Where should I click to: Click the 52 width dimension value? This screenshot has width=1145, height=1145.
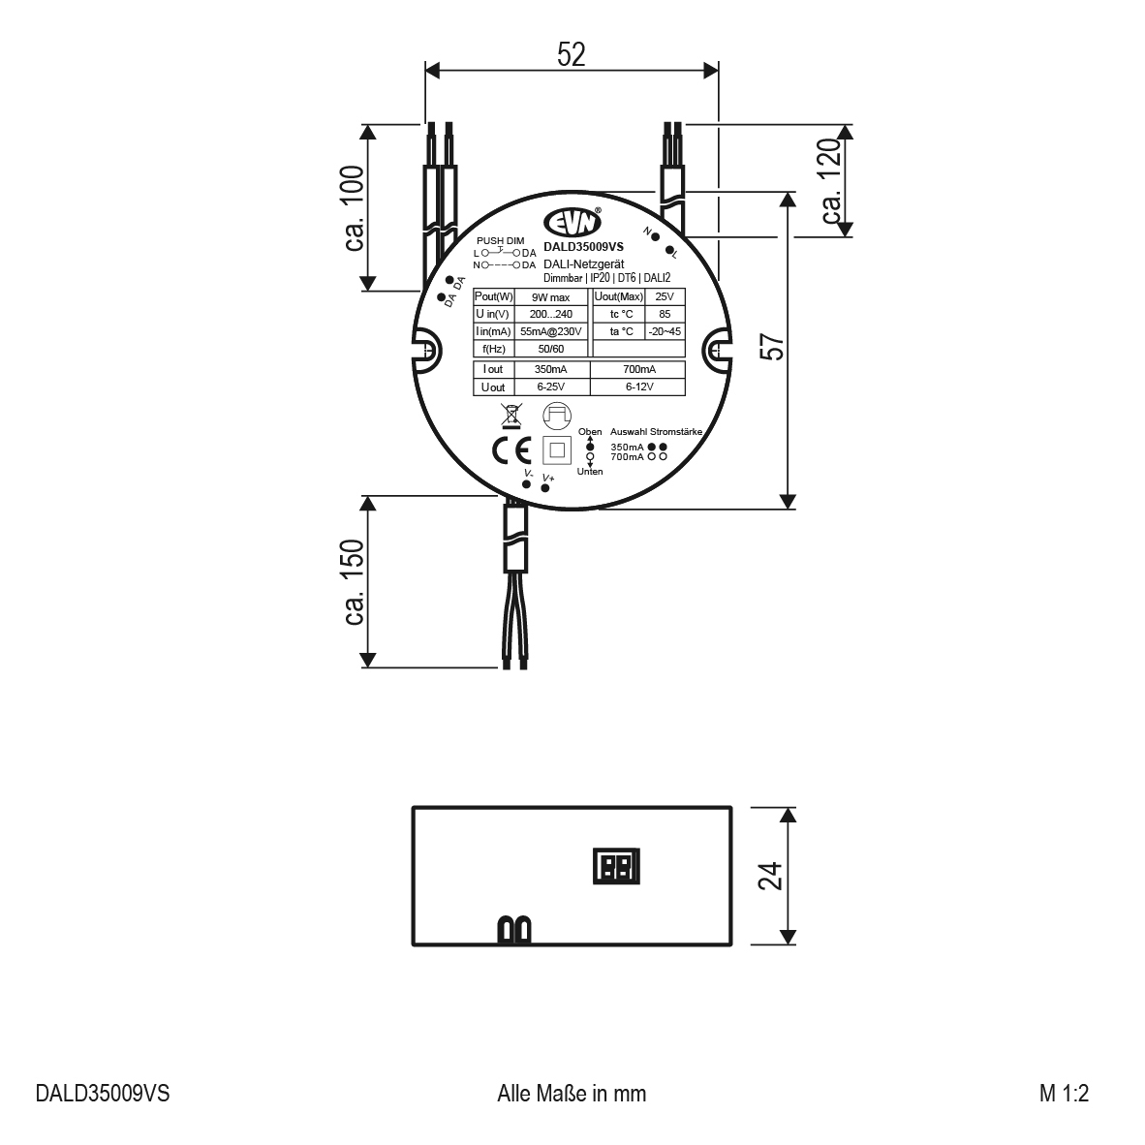pos(571,55)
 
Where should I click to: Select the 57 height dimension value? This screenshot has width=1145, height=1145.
pos(773,347)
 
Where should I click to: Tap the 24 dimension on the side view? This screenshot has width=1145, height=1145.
pos(771,877)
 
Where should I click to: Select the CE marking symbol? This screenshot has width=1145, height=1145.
pos(511,451)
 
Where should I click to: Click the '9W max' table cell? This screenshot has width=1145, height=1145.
pos(550,297)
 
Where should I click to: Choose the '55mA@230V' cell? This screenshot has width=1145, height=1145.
pos(550,331)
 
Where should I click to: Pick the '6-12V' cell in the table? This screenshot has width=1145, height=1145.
pos(639,387)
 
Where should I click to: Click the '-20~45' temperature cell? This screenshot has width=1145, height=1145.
pos(665,331)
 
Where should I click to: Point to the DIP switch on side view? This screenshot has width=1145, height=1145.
pos(617,867)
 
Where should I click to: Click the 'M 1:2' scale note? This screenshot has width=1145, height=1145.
pos(1064,1093)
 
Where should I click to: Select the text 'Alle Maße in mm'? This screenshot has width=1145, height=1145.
pos(572,1093)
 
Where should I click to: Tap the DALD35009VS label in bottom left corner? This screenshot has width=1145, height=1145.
pos(103,1093)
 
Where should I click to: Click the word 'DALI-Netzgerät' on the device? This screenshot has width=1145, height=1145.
pos(583,264)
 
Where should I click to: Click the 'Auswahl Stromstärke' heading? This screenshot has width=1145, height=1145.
pos(657,432)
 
